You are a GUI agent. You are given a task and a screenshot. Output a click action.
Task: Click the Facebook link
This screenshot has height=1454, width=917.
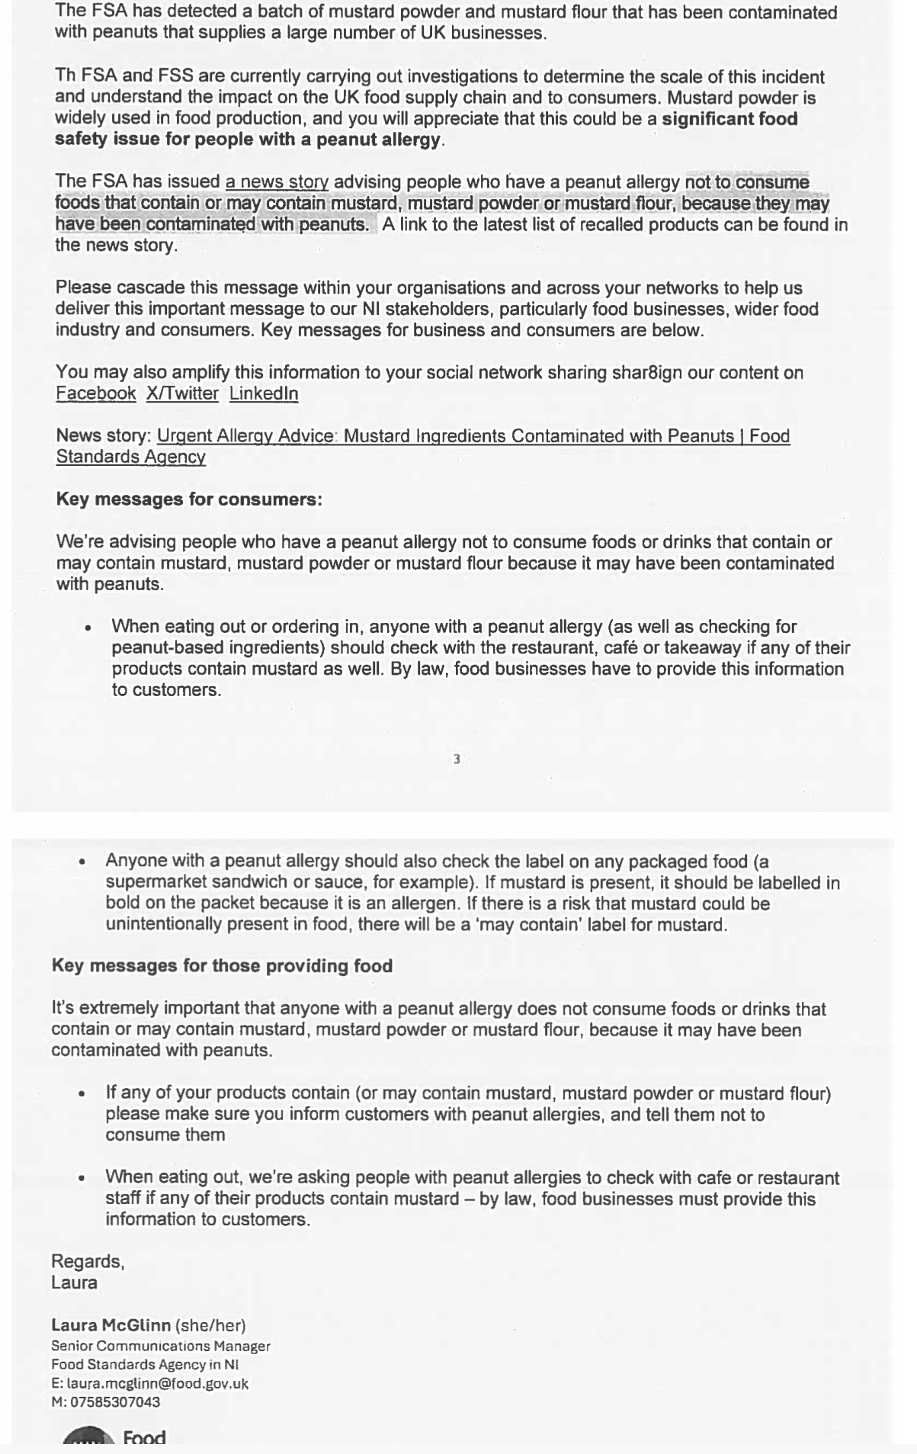(95, 393)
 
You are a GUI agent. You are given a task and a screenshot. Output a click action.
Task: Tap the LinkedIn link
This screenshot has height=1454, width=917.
(264, 393)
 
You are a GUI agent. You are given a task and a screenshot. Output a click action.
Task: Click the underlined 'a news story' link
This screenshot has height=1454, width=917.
(277, 182)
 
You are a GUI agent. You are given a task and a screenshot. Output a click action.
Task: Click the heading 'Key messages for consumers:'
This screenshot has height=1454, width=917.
(189, 499)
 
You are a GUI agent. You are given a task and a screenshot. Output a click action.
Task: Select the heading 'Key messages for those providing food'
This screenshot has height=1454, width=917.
(222, 966)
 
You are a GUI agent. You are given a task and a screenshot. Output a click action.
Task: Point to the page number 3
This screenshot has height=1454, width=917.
(457, 759)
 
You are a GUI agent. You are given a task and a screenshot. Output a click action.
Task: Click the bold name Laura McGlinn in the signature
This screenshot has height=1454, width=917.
(111, 1325)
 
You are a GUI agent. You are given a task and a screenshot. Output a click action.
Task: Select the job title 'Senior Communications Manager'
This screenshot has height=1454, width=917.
(161, 1346)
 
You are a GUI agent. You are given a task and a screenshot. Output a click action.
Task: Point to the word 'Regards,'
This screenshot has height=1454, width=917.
(88, 1261)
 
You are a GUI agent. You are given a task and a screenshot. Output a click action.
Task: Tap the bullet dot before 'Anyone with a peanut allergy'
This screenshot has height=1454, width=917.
(82, 862)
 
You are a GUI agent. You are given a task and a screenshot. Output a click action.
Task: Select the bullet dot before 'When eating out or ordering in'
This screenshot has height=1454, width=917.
(89, 627)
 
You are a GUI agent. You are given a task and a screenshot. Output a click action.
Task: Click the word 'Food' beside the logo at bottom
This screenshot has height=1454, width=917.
(144, 1438)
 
